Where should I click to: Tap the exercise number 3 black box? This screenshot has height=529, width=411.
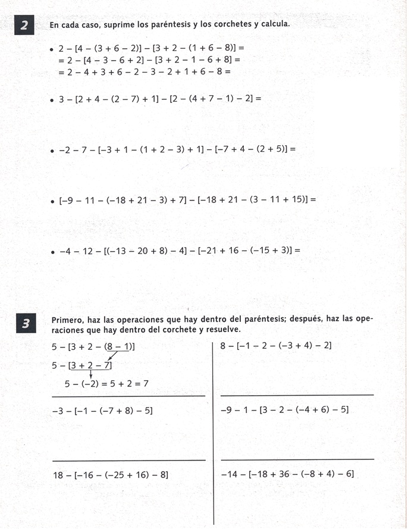25,324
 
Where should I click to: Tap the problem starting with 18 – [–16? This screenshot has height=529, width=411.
111,475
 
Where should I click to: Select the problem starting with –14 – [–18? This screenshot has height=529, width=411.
287,474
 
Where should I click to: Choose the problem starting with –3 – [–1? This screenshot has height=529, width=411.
102,410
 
